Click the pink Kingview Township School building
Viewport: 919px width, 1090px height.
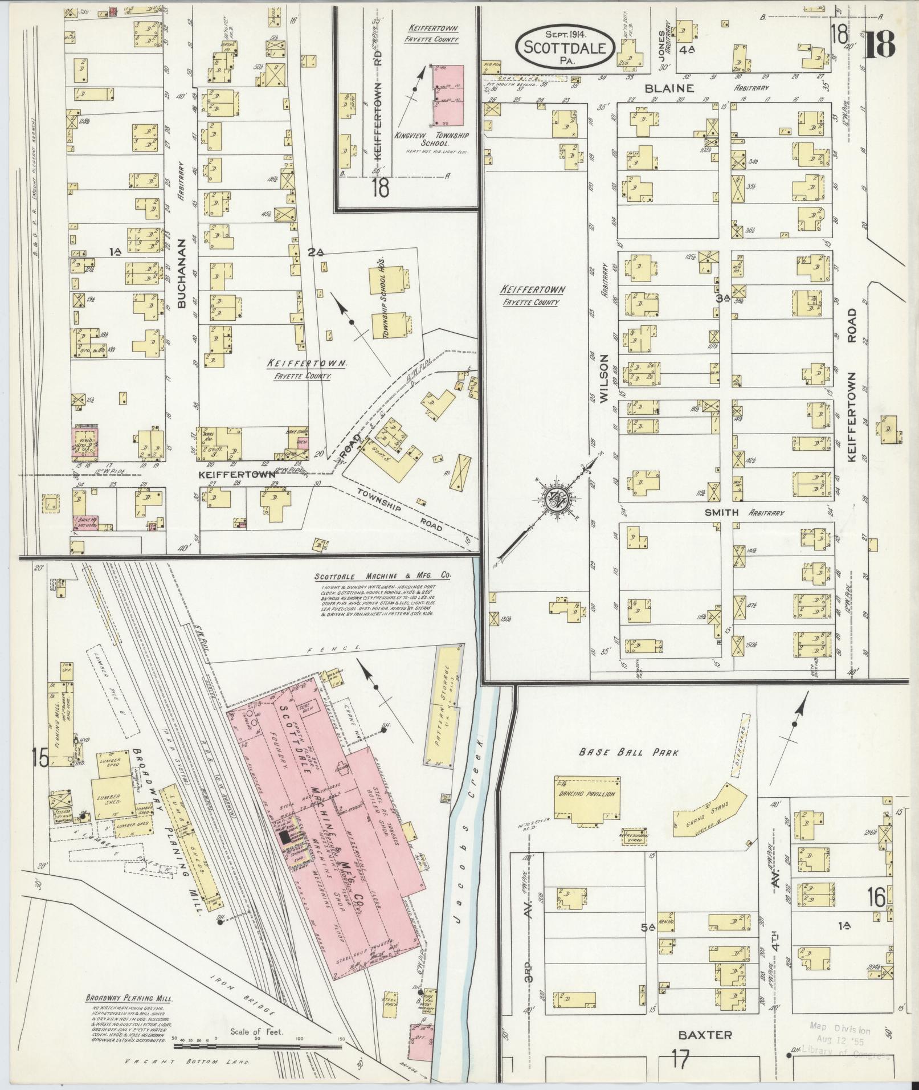(448, 95)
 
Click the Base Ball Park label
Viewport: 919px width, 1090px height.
(629, 752)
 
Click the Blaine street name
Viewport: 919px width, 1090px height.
(677, 88)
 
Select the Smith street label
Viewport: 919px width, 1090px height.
(721, 512)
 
